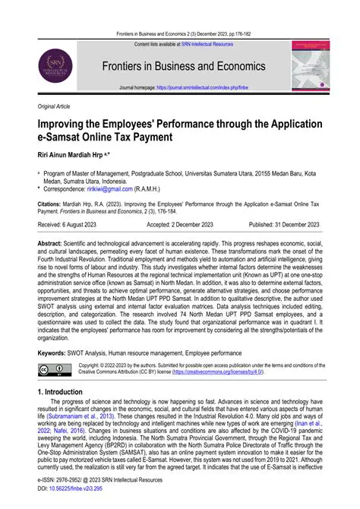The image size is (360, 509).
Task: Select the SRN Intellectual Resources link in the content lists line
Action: pos(213,44)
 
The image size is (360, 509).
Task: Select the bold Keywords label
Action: pos(55,352)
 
